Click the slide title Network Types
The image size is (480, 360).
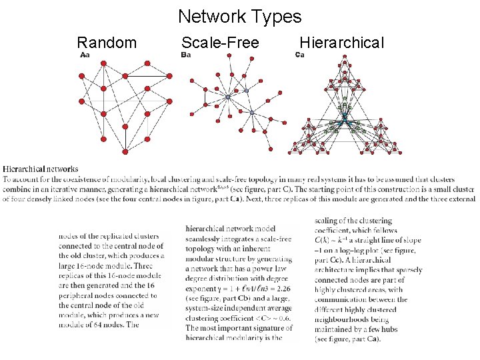pos(239,17)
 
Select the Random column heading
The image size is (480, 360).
pos(107,43)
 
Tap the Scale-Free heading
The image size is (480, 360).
pos(220,43)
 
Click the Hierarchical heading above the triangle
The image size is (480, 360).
pos(341,43)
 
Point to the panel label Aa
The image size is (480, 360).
pos(85,55)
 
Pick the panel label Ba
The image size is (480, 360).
pos(186,55)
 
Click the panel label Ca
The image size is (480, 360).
pos(299,55)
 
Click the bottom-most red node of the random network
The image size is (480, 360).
pos(124,151)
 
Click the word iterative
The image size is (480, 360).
pos(83,189)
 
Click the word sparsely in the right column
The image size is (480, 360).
pos(407,270)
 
